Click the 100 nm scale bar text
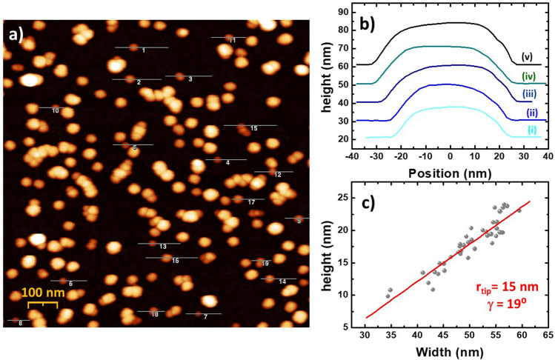pyautogui.click(x=42, y=293)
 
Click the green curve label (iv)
pyautogui.click(x=528, y=76)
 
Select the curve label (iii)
pyautogui.click(x=528, y=94)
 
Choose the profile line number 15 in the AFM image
pyautogui.click(x=253, y=128)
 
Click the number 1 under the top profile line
pyautogui.click(x=143, y=51)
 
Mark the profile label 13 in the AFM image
pyautogui.click(x=162, y=246)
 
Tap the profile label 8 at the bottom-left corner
pyautogui.click(x=20, y=323)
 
